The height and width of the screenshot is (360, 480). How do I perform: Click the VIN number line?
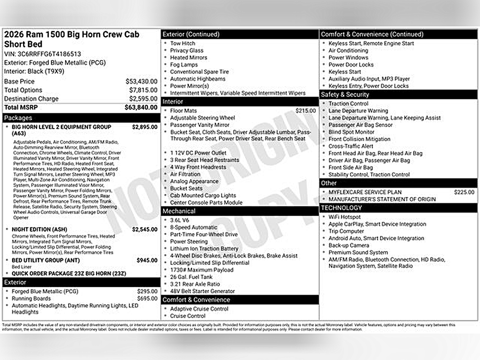coord(42,54)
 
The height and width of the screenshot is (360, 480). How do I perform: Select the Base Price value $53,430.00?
coord(141,81)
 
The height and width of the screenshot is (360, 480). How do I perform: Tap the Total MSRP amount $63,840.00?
coord(141,108)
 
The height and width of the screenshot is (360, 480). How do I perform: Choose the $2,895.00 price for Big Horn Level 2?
coord(144,127)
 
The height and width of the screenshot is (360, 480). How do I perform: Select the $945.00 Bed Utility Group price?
coord(147,261)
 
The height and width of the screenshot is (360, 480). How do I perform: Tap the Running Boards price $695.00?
coord(147,298)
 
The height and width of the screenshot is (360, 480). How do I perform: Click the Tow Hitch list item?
coord(182,43)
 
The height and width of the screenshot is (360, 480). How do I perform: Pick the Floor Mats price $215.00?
coord(306,110)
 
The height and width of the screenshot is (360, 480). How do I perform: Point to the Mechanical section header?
coord(179,211)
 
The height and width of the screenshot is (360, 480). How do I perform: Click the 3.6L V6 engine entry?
coord(180,220)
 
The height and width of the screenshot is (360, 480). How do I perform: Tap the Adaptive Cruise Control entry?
coord(199,309)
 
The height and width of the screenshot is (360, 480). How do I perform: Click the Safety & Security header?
coord(345,95)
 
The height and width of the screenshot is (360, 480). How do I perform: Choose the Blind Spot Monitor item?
coord(351,132)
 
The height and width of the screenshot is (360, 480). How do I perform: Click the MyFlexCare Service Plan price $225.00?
coord(464,192)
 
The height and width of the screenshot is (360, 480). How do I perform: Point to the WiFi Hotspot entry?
coord(345,217)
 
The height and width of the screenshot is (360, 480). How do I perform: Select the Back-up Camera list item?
coord(349,245)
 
